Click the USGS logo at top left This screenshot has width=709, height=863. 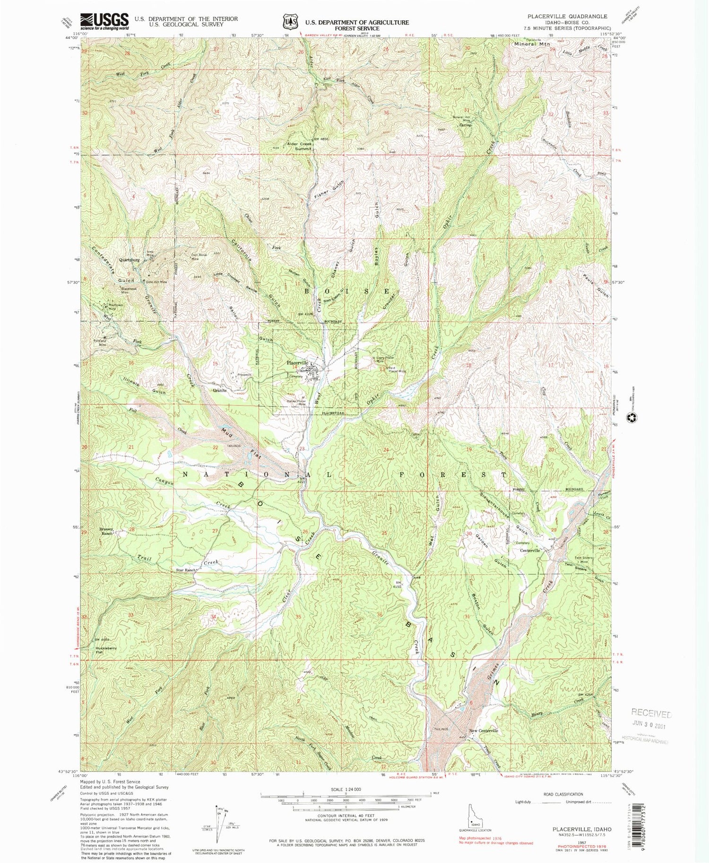tap(104, 21)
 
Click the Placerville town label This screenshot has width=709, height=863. tap(297, 363)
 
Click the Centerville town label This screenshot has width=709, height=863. tap(530, 551)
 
